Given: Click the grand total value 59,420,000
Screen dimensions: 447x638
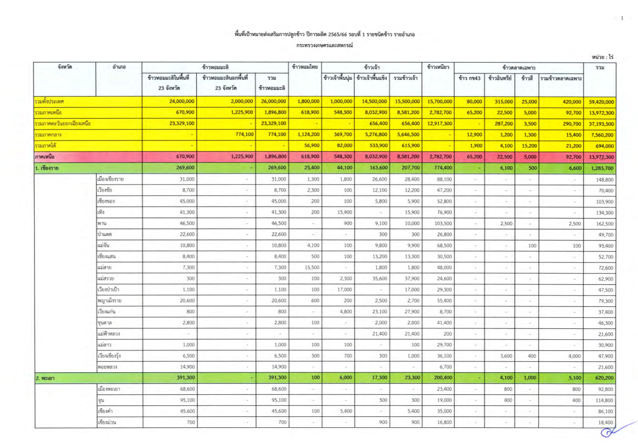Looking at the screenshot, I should click(x=600, y=101).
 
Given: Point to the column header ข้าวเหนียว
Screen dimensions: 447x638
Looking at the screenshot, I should click(x=438, y=67).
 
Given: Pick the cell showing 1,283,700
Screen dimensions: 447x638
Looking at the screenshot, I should click(x=600, y=168).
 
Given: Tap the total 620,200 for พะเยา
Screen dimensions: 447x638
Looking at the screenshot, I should click(x=600, y=378).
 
